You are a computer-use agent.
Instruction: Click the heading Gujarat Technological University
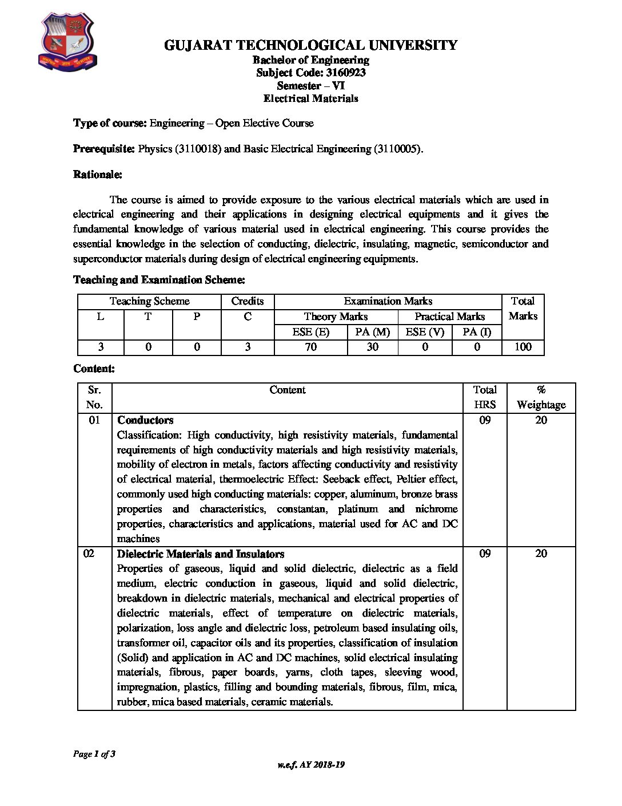point(310,45)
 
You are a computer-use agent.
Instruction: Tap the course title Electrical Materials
point(310,98)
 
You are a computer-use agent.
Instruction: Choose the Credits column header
point(248,301)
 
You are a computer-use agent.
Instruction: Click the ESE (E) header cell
point(310,332)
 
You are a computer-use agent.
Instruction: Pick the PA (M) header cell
point(372,332)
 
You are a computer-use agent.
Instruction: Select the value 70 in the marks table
point(310,347)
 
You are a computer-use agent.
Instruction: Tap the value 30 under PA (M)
point(372,347)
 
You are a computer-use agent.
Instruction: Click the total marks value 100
point(523,347)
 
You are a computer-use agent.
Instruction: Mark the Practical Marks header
point(449,317)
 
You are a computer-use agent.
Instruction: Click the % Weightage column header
point(541,397)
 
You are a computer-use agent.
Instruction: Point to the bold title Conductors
point(145,420)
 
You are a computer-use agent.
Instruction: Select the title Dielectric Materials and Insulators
point(201,554)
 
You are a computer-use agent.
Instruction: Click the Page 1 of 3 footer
point(94,754)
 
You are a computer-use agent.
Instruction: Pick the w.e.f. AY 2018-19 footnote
point(310,765)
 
